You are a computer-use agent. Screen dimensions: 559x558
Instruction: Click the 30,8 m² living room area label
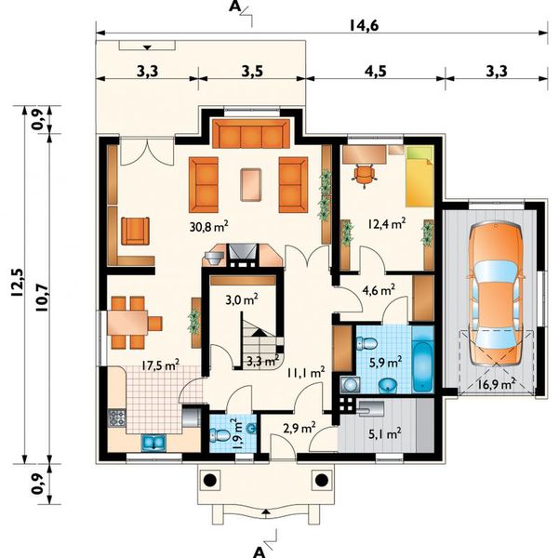coord(208,227)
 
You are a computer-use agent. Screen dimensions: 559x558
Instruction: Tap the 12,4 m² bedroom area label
coord(386,224)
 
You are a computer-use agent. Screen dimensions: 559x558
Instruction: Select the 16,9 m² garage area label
coord(497,384)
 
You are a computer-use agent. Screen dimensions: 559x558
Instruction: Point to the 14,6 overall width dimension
coord(364,25)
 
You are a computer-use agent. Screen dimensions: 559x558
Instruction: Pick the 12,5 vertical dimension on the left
coord(17,282)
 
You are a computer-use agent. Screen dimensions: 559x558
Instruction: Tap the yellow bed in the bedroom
coord(419,177)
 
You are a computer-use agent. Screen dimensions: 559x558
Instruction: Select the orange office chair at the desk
coord(365,174)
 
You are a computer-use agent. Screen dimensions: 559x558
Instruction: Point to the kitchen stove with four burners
coord(117,418)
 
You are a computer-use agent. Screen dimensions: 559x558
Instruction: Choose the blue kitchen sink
coord(153,443)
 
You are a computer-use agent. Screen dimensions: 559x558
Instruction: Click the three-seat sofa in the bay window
coord(250,134)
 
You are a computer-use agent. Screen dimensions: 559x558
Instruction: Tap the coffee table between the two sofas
coord(251,185)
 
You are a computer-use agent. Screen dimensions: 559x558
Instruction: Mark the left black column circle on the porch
coord(209,480)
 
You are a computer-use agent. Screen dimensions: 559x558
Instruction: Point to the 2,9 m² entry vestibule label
coord(299,428)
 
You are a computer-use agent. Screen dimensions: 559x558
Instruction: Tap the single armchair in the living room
coord(135,231)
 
